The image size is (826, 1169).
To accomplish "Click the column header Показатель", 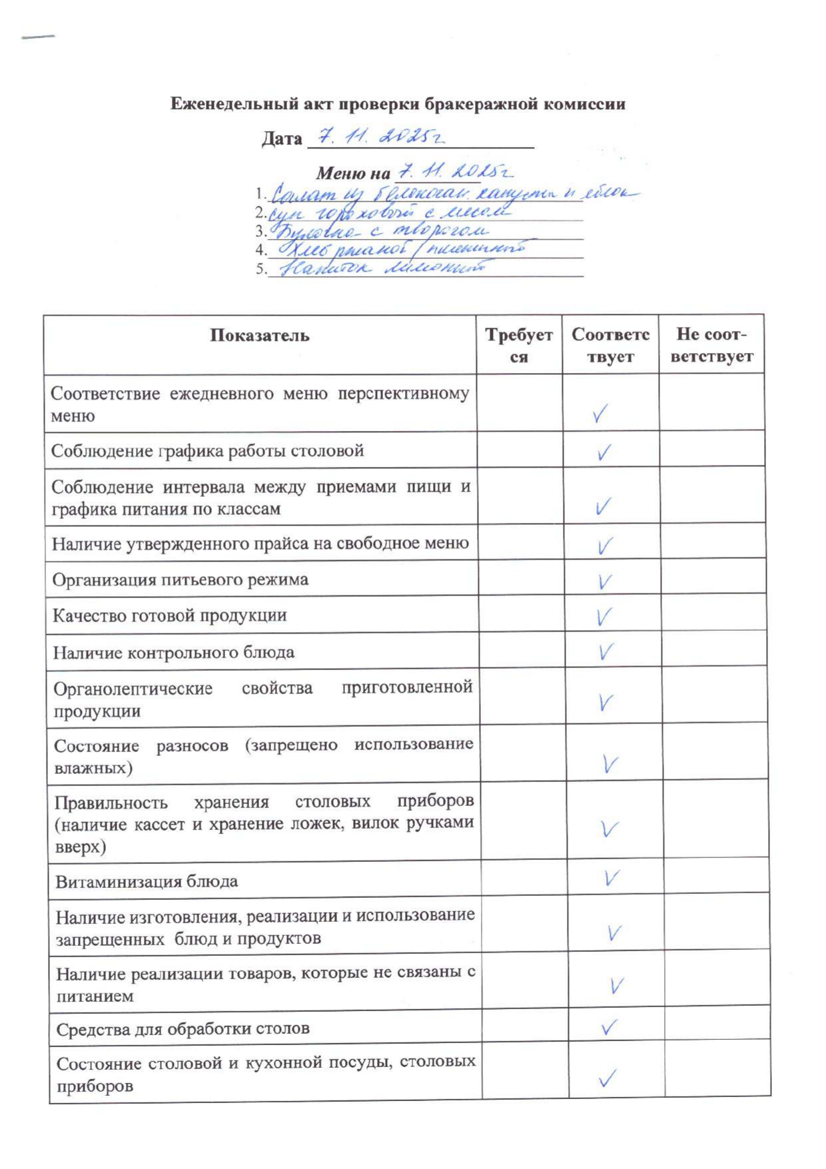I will point(260,335).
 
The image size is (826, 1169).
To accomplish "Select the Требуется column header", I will point(519,345).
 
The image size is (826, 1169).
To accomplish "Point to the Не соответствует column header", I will point(711,345).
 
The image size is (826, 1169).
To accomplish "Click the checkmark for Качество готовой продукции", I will point(604,616).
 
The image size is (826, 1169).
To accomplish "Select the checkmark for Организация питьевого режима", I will point(604,581).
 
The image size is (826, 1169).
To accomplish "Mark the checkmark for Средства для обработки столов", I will point(609,1027).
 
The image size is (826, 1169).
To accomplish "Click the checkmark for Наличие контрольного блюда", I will point(605,651).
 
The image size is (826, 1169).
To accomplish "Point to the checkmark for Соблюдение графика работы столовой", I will point(604,453).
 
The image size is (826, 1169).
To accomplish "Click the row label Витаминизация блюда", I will point(147,882).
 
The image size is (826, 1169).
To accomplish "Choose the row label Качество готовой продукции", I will point(170,615).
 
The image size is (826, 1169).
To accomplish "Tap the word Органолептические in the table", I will point(133,689).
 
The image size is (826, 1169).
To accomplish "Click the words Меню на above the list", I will point(352,174).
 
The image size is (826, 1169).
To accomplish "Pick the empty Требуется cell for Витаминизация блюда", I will point(523,879).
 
